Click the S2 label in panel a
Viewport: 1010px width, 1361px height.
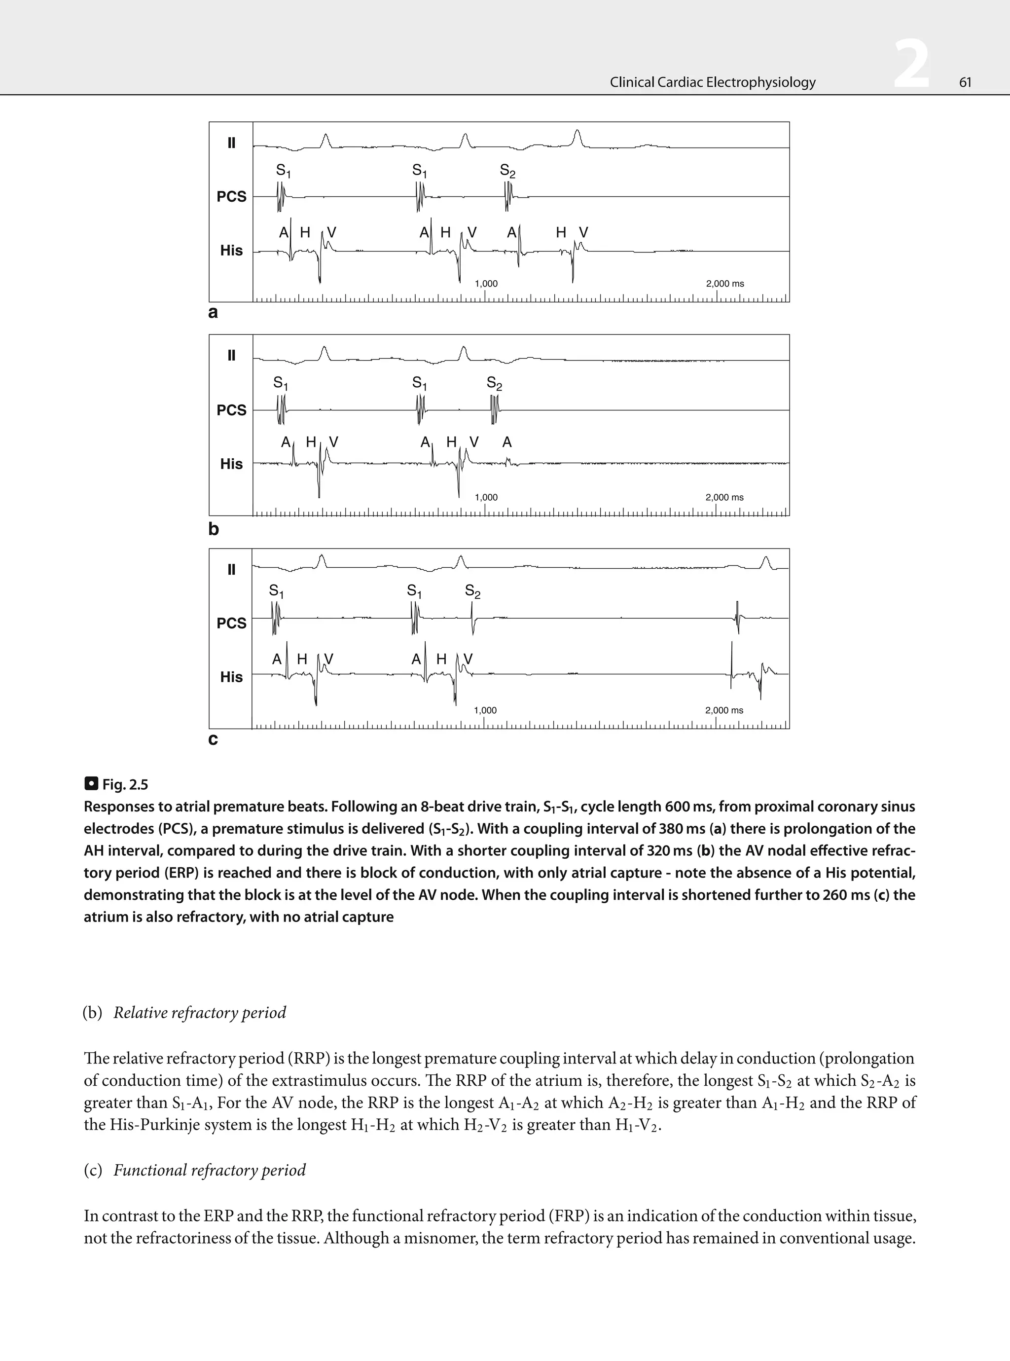click(507, 171)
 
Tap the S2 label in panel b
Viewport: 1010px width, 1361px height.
click(494, 383)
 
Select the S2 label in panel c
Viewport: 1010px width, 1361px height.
click(472, 591)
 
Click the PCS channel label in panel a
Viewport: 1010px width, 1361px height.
click(231, 196)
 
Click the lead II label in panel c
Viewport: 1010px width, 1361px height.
click(231, 569)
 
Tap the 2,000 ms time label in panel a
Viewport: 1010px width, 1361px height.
click(724, 284)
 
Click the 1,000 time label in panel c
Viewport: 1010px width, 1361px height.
click(485, 710)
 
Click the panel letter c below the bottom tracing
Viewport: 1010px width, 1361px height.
click(213, 739)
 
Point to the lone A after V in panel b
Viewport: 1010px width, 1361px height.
click(507, 442)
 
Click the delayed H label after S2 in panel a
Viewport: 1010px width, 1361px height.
click(561, 232)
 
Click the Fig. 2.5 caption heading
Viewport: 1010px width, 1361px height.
click(125, 784)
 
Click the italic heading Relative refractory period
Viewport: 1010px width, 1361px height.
click(199, 1013)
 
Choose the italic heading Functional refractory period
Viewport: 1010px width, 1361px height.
click(209, 1170)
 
